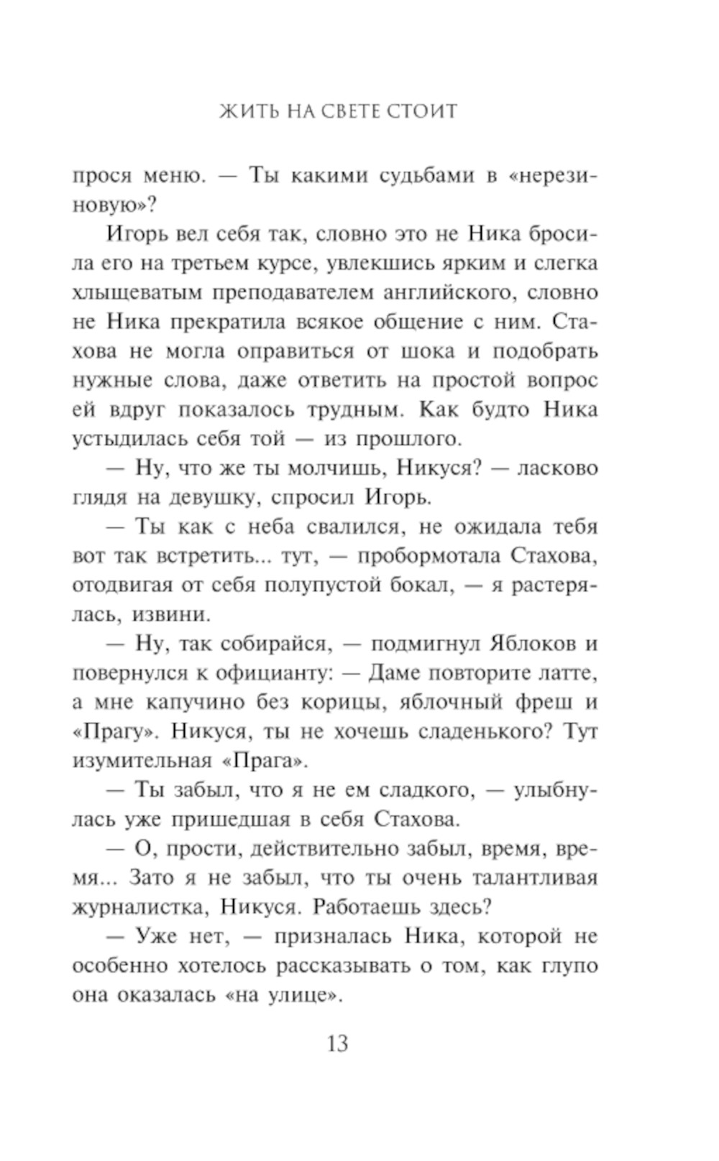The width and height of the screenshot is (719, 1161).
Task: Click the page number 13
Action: tap(337, 1042)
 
